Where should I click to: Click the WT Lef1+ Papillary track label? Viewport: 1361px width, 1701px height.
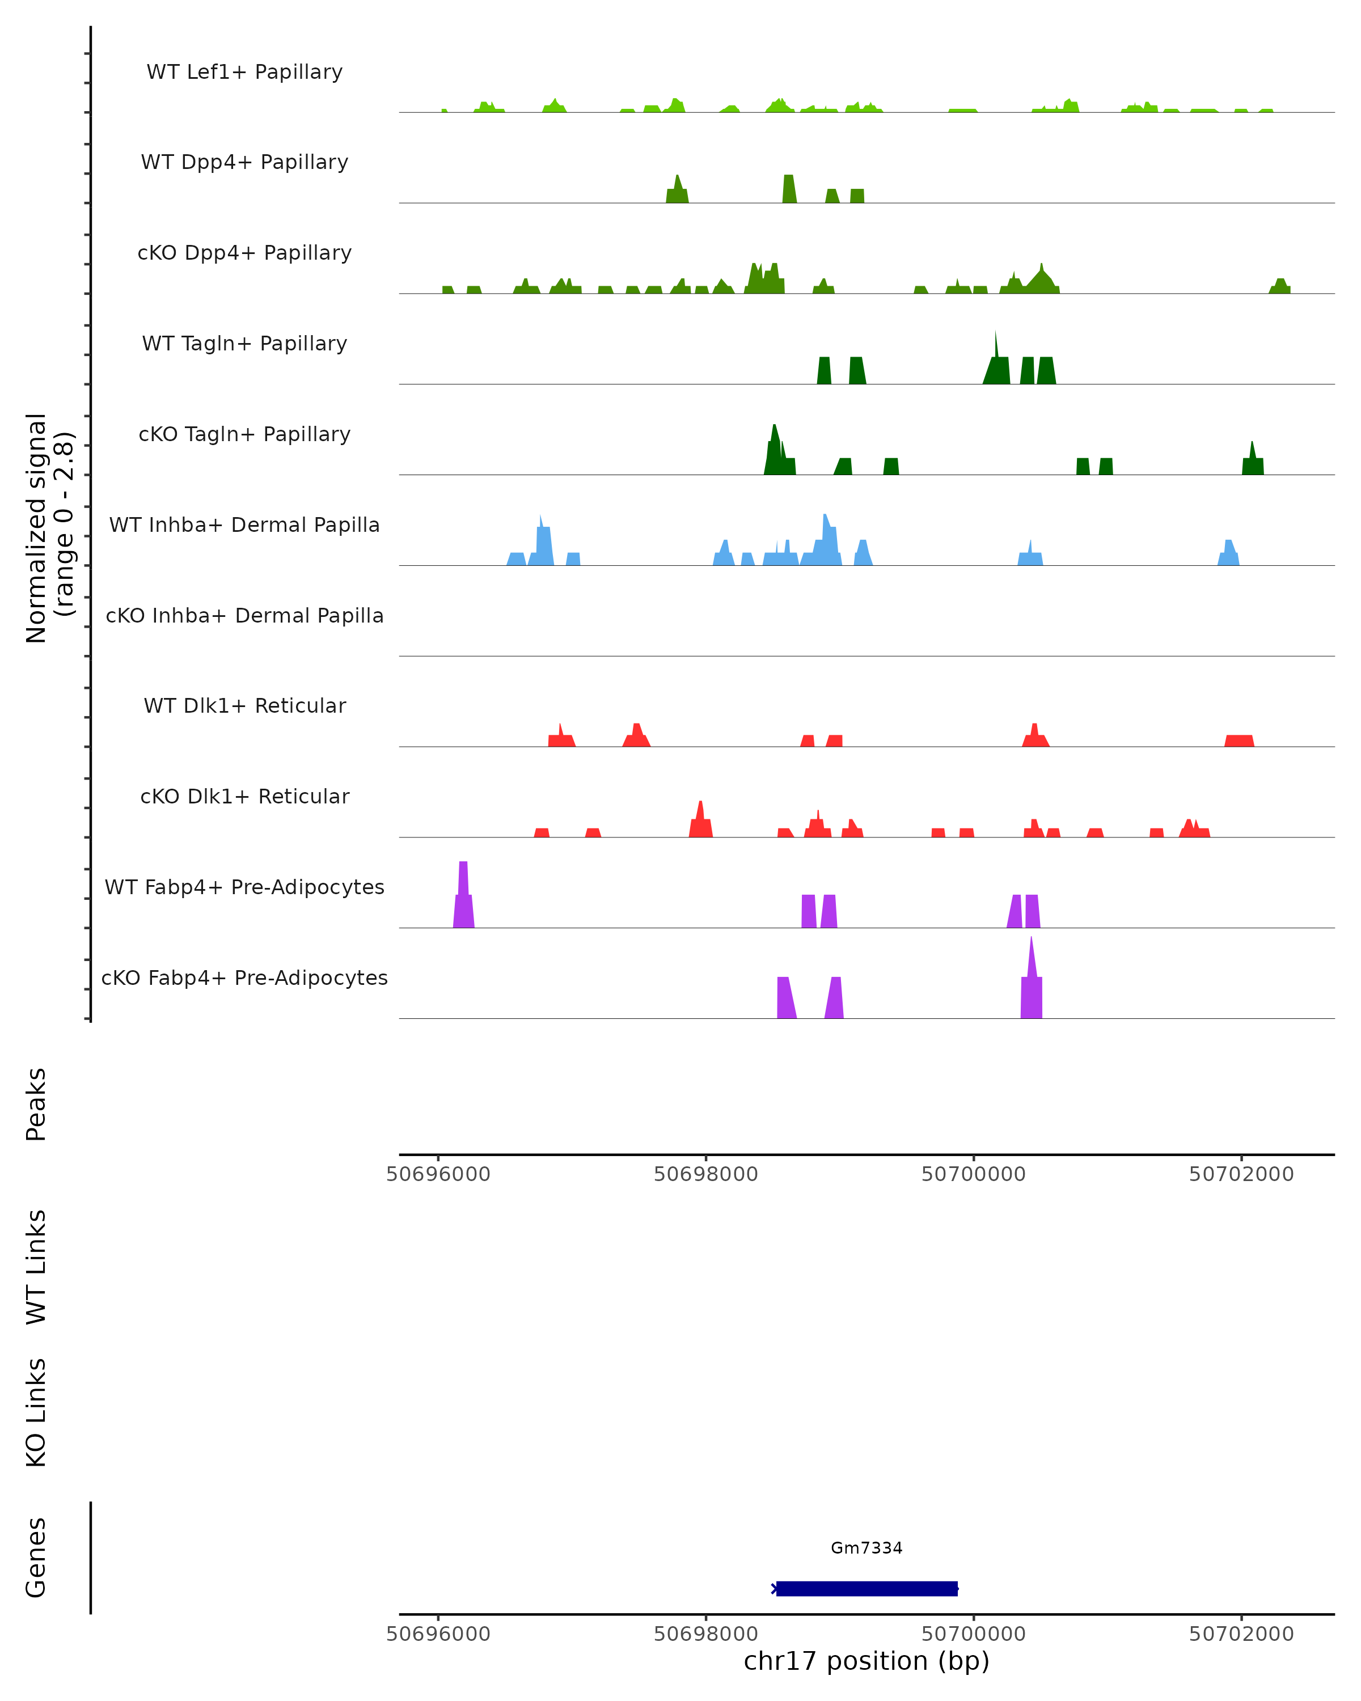click(x=244, y=72)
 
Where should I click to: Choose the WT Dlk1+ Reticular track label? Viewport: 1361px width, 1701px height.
click(x=244, y=705)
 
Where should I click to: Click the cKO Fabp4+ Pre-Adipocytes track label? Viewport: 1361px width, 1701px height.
click(x=244, y=978)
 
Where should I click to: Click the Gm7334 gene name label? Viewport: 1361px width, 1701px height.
click(x=867, y=1548)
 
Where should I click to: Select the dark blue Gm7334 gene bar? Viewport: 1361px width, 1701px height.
click(x=867, y=1588)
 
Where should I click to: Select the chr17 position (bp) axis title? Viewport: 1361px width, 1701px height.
click(x=867, y=1661)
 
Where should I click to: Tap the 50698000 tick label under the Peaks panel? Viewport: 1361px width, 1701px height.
click(x=705, y=1174)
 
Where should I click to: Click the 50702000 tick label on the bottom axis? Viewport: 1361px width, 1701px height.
click(x=1241, y=1634)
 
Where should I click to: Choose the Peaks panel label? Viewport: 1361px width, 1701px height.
click(x=36, y=1105)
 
